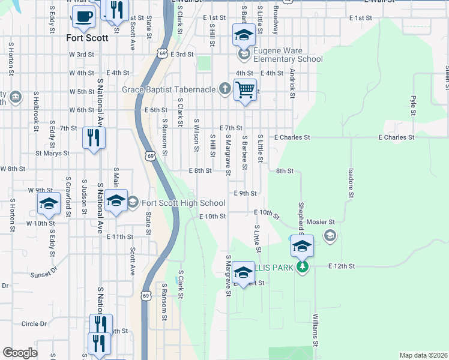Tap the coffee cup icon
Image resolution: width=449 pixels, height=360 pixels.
83,16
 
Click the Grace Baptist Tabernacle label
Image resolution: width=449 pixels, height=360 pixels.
169,89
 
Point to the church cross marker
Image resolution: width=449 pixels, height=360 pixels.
224,89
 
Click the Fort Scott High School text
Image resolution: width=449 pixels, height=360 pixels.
175,203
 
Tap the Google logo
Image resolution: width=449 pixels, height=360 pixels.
20,353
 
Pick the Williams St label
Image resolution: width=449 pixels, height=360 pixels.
314,331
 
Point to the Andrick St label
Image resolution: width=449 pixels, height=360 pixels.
292,82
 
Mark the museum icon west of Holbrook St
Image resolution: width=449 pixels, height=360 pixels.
16,97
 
